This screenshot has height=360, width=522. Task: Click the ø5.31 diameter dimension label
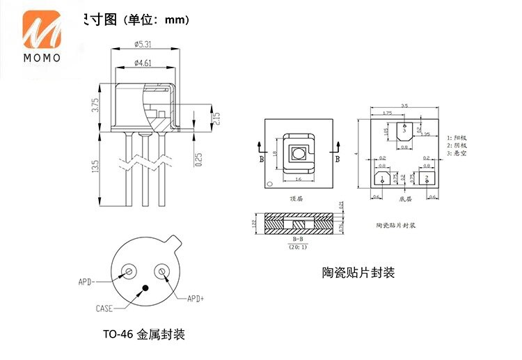[x=143, y=44]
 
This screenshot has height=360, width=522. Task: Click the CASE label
[x=104, y=307]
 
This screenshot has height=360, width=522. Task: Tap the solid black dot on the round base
[x=145, y=288]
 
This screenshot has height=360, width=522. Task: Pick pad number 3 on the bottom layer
[x=404, y=129]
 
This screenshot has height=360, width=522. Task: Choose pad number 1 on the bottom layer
[x=382, y=178]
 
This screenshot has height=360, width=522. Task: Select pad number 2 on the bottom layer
[x=425, y=178]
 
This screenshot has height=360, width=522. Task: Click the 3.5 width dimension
[x=404, y=105]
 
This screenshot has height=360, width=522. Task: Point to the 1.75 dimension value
[x=387, y=112]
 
